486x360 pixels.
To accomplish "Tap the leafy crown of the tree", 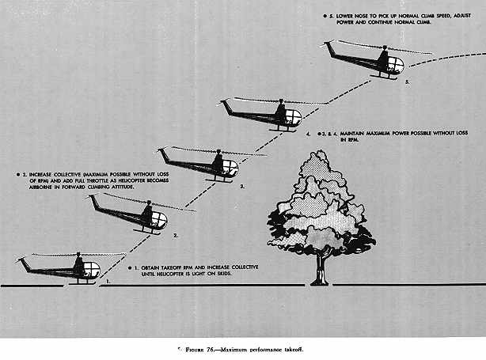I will pos(320,206).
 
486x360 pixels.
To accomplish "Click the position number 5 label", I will pos(407,81).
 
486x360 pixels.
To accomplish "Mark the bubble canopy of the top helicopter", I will pos(393,63).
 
